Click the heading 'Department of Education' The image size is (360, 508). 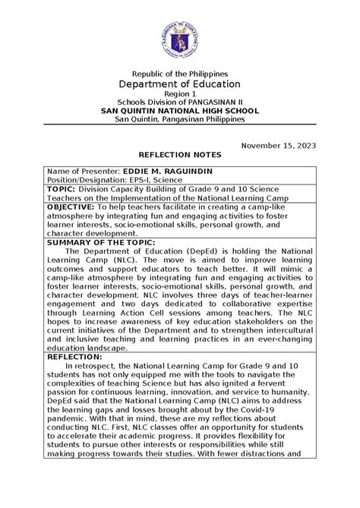coord(180,84)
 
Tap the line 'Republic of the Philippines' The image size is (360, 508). coord(180,71)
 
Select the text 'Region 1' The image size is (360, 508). coord(180,93)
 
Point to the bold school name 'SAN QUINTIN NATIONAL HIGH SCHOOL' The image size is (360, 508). coord(180,110)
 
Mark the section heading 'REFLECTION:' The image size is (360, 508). coord(76,355)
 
